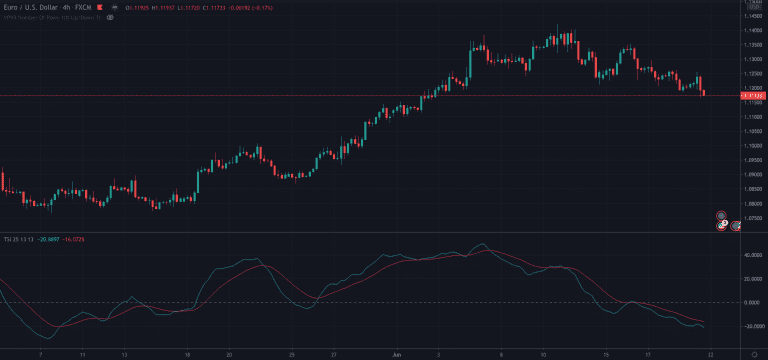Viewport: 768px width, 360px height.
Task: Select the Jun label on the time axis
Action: pos(396,354)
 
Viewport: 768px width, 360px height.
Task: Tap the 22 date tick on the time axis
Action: pos(709,354)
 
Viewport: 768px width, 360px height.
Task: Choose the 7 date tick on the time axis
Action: pos(39,354)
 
